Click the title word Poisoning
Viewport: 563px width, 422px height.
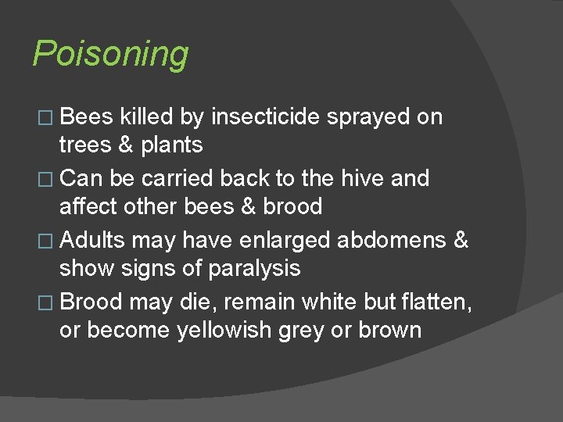click(x=110, y=55)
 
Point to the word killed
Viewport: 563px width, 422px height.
click(x=148, y=117)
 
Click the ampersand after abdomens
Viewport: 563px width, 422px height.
click(x=461, y=240)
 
